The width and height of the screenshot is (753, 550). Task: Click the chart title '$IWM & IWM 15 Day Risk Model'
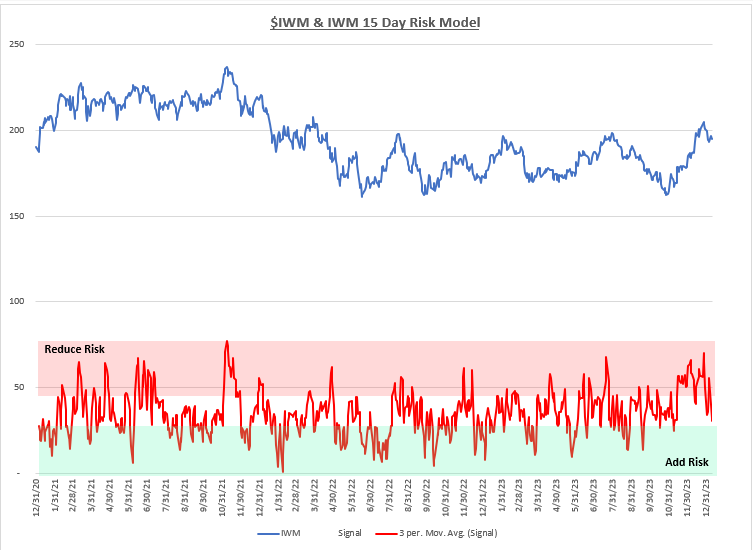pos(375,19)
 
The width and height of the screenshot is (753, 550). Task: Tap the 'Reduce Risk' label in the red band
pos(75,349)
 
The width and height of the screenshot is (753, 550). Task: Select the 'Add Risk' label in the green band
pos(686,462)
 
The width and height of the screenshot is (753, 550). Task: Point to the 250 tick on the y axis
pos(18,44)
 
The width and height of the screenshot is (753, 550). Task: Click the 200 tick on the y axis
pos(18,130)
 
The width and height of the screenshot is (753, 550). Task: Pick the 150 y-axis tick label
pos(18,216)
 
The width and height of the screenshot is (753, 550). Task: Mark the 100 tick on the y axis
pos(18,301)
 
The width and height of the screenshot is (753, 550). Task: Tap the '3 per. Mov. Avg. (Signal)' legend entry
pos(446,534)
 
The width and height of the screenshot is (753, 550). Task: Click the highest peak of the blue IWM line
pos(228,68)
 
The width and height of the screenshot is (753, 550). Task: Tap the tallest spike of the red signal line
pos(227,341)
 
